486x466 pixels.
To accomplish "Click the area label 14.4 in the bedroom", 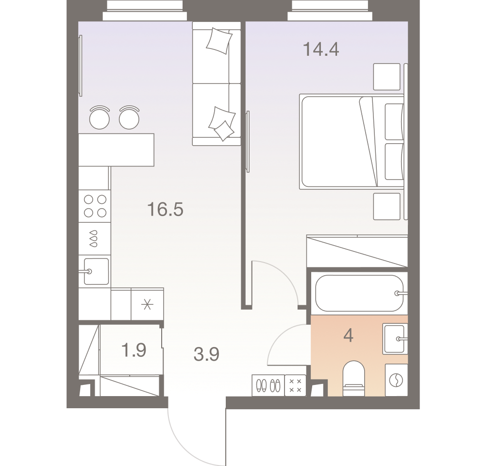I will (x=320, y=49).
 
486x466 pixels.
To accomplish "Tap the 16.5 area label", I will (x=165, y=210).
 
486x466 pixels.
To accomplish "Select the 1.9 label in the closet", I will (x=134, y=350).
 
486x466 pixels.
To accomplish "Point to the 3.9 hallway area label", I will (x=206, y=354).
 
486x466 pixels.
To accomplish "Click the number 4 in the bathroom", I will (x=348, y=336).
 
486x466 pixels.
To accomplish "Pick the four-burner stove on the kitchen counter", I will (x=95, y=205).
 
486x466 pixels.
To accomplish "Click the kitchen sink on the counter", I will (x=95, y=271).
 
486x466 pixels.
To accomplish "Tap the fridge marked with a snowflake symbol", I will (x=147, y=304).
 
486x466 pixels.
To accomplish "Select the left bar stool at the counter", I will (x=100, y=117).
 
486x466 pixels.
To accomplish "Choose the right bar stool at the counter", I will (x=129, y=117).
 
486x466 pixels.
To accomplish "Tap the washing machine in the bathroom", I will (x=396, y=380).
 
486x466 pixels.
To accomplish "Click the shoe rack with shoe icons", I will (x=268, y=385).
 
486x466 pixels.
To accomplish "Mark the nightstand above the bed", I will (x=387, y=77).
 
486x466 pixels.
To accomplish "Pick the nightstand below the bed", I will (x=387, y=206).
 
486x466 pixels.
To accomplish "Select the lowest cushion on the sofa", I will (x=223, y=131).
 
